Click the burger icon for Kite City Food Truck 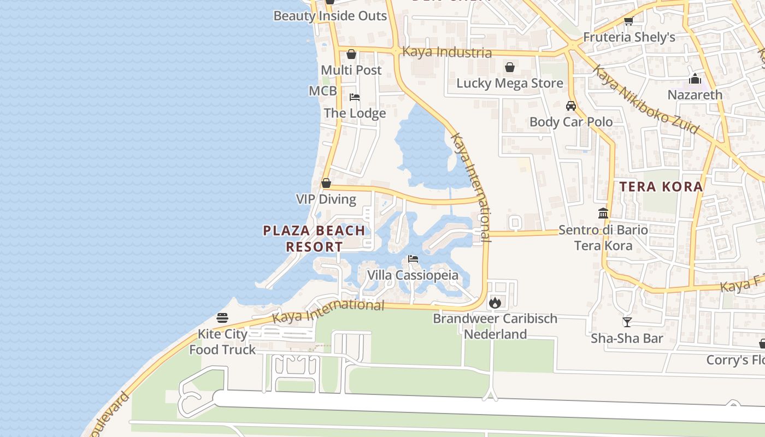222,317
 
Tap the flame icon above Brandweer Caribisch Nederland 495,302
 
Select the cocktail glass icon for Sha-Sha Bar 627,322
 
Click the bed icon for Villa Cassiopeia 413,258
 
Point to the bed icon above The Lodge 355,97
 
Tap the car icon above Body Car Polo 571,106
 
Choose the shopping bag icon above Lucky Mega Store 510,67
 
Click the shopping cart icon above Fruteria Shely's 629,21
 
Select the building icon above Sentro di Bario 603,213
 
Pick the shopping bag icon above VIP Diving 326,183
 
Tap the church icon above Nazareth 695,79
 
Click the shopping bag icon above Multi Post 351,54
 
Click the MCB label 322,91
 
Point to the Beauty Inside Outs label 330,16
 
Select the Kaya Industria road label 446,52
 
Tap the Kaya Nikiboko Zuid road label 645,100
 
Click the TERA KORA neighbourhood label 661,186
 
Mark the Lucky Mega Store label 509,83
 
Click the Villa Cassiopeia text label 413,275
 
